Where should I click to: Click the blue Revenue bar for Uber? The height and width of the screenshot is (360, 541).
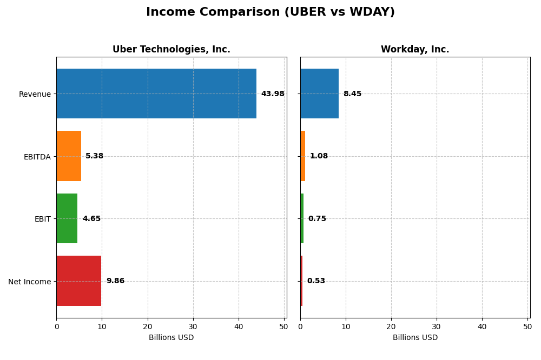click(x=156, y=94)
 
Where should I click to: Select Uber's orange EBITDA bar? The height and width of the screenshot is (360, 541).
click(x=69, y=156)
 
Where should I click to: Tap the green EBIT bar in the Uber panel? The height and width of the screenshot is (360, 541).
click(x=67, y=218)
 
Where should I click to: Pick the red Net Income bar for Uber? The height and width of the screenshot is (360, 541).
click(x=79, y=281)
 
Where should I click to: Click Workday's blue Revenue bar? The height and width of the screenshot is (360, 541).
click(x=319, y=94)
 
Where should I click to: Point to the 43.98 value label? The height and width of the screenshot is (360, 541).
click(x=273, y=94)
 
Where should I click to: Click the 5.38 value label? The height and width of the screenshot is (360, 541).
click(x=95, y=156)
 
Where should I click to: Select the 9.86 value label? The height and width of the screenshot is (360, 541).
click(x=115, y=281)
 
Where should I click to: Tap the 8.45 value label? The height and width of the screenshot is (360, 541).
click(x=352, y=94)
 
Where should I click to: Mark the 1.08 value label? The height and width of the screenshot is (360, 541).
click(x=319, y=156)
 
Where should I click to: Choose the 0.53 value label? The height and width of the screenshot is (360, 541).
click(x=316, y=281)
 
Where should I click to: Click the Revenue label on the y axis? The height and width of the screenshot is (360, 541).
click(x=35, y=95)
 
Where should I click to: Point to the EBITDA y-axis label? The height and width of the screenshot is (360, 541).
click(x=37, y=157)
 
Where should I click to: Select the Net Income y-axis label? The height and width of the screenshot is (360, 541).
click(x=29, y=282)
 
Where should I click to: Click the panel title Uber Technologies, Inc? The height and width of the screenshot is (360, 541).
click(x=171, y=50)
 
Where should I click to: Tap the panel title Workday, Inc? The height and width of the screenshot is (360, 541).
click(x=415, y=50)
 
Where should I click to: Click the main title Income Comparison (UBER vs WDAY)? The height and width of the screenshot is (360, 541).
click(x=270, y=12)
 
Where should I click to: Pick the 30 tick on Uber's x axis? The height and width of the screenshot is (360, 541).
click(x=193, y=326)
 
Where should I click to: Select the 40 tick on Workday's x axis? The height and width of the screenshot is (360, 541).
click(x=482, y=326)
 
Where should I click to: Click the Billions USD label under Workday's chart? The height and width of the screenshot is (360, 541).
click(x=415, y=338)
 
